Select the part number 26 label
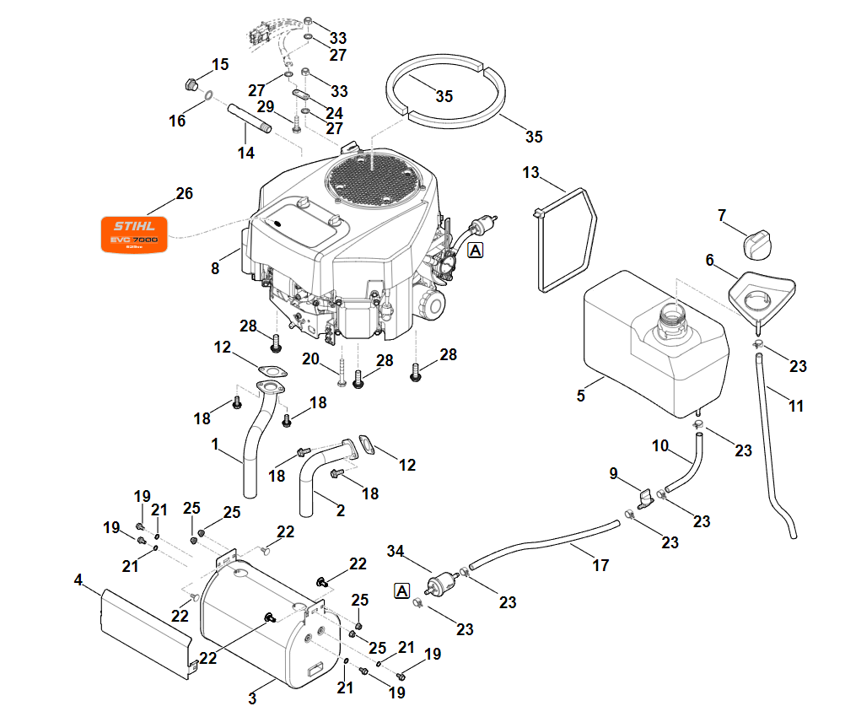pyautogui.click(x=184, y=194)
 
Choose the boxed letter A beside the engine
pyautogui.click(x=476, y=250)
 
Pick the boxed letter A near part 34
pyautogui.click(x=402, y=590)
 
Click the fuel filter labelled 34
pyautogui.click(x=438, y=585)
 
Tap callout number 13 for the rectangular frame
pyautogui.click(x=530, y=173)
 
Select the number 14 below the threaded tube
pyautogui.click(x=245, y=154)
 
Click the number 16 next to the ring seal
pyautogui.click(x=176, y=121)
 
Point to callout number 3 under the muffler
pyautogui.click(x=252, y=698)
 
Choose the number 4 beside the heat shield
pyautogui.click(x=78, y=580)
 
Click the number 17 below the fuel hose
pyautogui.click(x=600, y=566)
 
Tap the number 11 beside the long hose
pyautogui.click(x=795, y=406)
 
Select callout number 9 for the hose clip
pyautogui.click(x=614, y=474)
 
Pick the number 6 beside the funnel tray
pyautogui.click(x=709, y=261)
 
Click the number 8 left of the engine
pyautogui.click(x=215, y=268)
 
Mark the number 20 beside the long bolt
pyautogui.click(x=310, y=358)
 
